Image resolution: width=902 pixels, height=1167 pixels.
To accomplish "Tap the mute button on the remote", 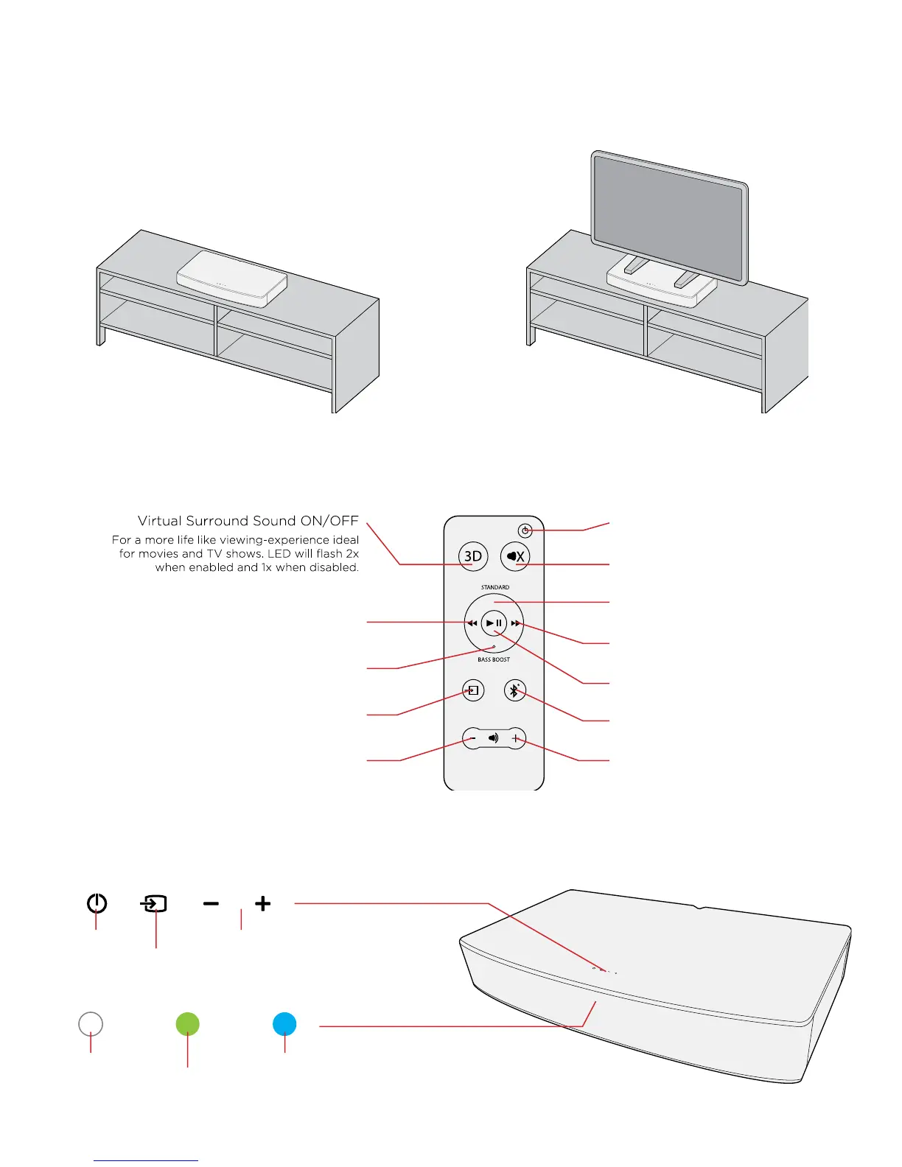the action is tap(515, 556).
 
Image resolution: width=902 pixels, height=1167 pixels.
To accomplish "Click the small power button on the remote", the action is tap(525, 530).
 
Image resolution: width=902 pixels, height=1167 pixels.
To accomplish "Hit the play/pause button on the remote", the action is tap(494, 623).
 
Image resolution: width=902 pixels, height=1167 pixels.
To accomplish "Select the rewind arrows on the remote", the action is tap(472, 623).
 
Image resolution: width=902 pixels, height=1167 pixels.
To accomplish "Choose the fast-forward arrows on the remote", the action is tap(516, 623).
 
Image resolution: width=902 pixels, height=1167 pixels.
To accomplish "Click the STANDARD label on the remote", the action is tap(495, 587).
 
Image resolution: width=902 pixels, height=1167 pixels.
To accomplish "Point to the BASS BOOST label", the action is tap(494, 659).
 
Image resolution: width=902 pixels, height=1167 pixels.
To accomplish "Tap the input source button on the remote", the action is tap(473, 690).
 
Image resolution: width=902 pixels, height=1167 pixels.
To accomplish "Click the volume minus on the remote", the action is tap(472, 738).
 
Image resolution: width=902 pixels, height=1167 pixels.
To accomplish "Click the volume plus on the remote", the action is tap(515, 738).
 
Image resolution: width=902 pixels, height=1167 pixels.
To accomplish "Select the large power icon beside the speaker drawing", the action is tap(97, 903).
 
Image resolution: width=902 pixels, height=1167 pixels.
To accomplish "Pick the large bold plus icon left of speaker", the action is tap(262, 903).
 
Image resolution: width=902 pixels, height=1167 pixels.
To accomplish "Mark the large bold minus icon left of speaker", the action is tap(211, 903).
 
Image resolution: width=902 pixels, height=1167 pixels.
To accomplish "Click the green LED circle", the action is tap(187, 1024).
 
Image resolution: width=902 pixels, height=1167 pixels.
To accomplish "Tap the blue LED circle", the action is tap(284, 1024).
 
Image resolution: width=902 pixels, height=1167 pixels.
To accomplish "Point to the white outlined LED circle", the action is tap(91, 1024).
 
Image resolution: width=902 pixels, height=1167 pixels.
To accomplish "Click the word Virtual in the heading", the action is tap(159, 521).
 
